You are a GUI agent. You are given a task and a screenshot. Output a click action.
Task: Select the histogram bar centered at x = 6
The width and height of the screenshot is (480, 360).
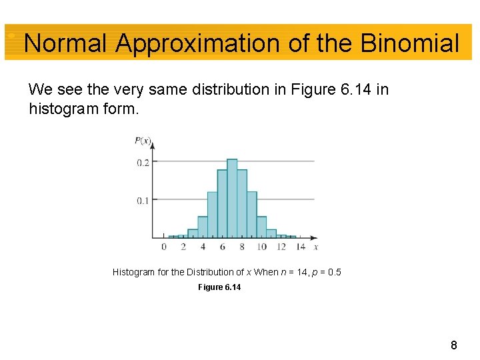click(222, 203)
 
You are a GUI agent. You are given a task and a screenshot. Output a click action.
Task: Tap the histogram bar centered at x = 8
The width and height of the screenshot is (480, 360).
click(242, 203)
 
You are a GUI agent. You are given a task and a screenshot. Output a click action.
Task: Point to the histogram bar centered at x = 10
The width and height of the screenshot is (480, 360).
click(261, 227)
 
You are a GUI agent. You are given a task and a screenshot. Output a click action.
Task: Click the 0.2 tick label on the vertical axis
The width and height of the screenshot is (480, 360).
click(143, 163)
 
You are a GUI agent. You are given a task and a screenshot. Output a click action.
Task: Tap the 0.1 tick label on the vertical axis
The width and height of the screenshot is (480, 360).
click(143, 201)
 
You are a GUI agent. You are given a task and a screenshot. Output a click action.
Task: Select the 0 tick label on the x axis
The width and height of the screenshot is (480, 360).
click(164, 247)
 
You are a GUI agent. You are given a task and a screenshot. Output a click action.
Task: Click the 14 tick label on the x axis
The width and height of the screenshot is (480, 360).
click(301, 247)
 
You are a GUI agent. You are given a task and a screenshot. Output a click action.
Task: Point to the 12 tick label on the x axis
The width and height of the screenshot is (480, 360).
click(281, 247)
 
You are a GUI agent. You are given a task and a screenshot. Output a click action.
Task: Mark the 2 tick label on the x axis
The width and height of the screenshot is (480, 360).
click(183, 247)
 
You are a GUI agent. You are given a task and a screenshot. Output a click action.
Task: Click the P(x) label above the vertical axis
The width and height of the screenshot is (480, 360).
click(143, 141)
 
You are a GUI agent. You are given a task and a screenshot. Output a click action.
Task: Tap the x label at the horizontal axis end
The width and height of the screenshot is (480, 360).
click(316, 247)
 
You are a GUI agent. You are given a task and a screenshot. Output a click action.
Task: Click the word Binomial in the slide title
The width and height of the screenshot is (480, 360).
click(409, 43)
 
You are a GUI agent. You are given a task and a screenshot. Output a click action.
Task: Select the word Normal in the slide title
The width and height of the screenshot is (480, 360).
click(65, 43)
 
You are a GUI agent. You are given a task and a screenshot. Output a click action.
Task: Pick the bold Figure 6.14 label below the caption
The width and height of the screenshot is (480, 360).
click(219, 287)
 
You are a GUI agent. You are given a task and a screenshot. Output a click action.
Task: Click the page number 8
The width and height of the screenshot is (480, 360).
click(454, 345)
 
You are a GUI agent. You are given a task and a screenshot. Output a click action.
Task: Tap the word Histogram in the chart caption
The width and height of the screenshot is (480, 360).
click(133, 272)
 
